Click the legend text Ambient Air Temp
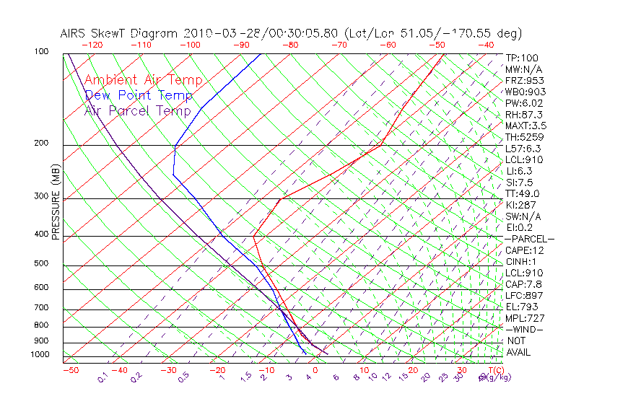[x=143, y=80]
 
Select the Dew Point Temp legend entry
[x=139, y=95]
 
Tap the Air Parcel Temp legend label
[x=137, y=110]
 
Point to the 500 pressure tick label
[x=41, y=263]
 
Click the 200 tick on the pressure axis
[x=41, y=143]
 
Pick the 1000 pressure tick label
[x=39, y=355]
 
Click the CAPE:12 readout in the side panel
[x=524, y=250]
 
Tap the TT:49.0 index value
[x=523, y=193]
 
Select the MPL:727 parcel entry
[x=524, y=318]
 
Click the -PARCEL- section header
[x=529, y=239]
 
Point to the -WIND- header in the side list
[x=524, y=329]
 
